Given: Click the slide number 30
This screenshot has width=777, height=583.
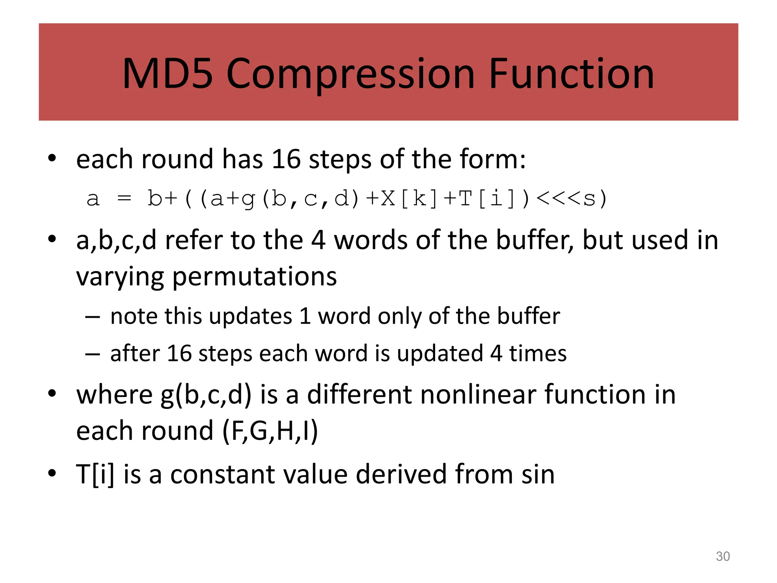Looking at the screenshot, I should coord(722,556).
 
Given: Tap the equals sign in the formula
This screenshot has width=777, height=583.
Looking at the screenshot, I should coord(124,199).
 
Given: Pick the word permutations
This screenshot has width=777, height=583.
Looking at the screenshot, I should coord(255,276).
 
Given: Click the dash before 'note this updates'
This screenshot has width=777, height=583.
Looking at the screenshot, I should coord(93,316).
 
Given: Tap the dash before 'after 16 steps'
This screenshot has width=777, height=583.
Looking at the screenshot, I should coord(93,354).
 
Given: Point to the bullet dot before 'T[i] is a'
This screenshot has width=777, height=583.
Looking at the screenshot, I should coord(52,473).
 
